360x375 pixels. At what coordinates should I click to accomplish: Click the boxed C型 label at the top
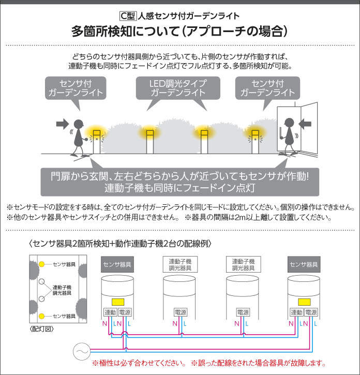tap(128, 16)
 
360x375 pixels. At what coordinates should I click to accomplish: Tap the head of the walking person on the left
tap(78, 125)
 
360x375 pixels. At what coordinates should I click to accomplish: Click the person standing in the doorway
tap(289, 136)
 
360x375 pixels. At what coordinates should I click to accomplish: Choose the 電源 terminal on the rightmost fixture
tap(310, 312)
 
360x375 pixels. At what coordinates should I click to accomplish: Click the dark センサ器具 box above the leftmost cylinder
tap(117, 264)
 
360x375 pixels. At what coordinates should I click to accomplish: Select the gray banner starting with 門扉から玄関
tap(180, 181)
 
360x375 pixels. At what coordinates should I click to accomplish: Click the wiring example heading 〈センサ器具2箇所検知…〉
tap(120, 243)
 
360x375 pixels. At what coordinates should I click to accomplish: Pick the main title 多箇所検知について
tap(179, 32)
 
